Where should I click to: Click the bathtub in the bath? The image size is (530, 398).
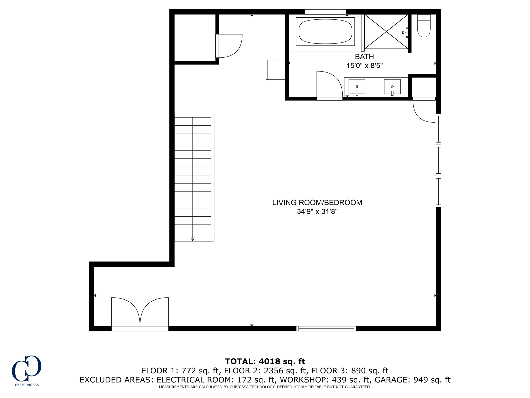tap(325, 32)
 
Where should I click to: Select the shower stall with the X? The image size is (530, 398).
tap(386, 32)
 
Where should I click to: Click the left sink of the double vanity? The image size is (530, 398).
tap(357, 87)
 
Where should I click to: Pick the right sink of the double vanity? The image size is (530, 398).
tap(392, 87)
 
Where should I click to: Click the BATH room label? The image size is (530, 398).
tap(364, 56)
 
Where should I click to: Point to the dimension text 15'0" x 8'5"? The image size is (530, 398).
tap(364, 66)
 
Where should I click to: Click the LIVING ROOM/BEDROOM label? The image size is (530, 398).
tap(317, 203)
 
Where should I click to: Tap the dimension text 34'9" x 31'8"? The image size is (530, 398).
tap(317, 212)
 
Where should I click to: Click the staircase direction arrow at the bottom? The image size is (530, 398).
tap(193, 239)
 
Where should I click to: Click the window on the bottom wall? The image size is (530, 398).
tap(326, 329)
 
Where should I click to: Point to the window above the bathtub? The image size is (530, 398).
tap(325, 12)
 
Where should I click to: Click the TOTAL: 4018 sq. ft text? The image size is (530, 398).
tap(265, 361)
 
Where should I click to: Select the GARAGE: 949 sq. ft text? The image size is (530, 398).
tap(413, 380)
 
